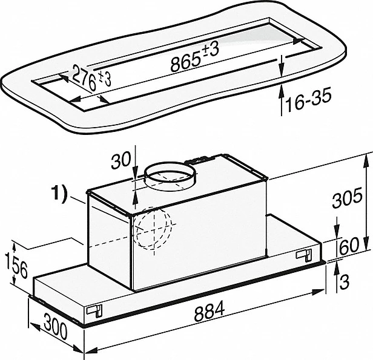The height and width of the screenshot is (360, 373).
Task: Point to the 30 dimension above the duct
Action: [x=122, y=160]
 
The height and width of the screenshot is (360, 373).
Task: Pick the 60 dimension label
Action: [x=349, y=246]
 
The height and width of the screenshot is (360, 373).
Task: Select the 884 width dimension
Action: [x=210, y=311]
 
